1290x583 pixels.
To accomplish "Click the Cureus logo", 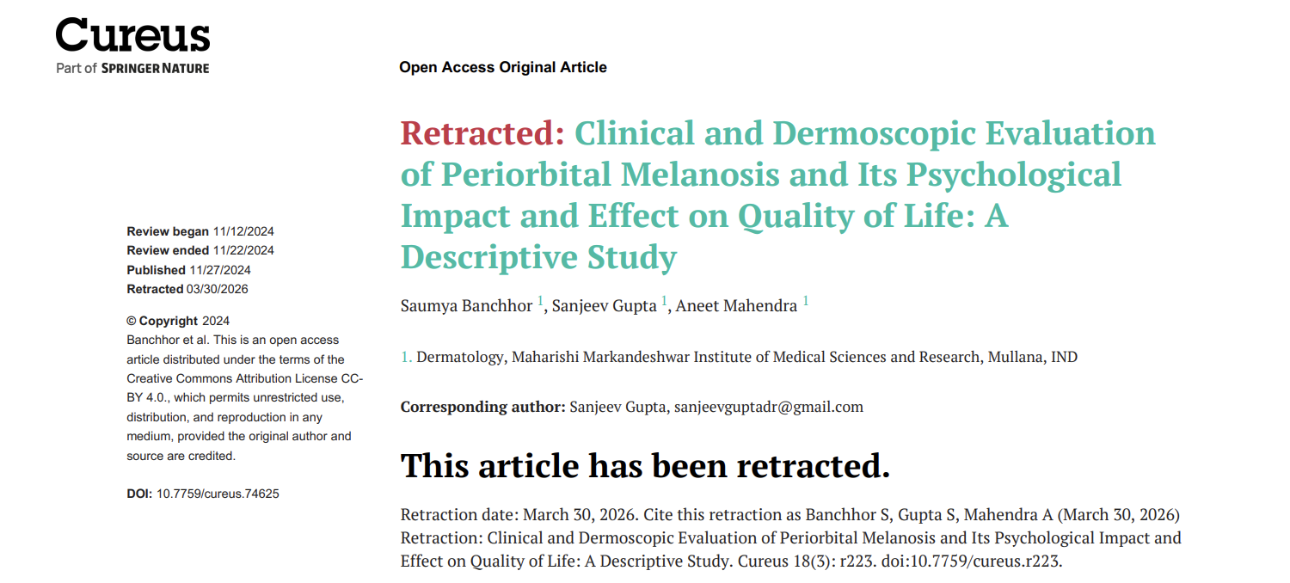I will click(x=132, y=36).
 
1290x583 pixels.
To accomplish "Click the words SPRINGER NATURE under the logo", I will click(x=155, y=68).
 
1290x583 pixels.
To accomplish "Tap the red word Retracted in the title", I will click(x=482, y=133).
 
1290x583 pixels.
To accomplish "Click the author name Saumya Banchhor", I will click(x=466, y=306).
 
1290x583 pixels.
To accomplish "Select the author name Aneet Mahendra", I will click(x=736, y=306).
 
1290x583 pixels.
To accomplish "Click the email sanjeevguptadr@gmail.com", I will click(x=768, y=407).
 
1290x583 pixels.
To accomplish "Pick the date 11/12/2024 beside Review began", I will click(x=243, y=231).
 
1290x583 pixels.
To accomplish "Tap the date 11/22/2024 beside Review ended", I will click(x=243, y=250).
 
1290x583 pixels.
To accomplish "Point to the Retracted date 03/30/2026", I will click(x=217, y=289).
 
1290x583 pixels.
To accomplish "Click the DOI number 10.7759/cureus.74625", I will click(x=218, y=494).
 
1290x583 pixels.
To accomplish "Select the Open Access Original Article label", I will click(x=503, y=67).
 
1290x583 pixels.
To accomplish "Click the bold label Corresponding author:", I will click(x=482, y=407).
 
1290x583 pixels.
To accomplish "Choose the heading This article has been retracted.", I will click(x=645, y=466).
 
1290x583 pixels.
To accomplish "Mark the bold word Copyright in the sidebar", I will click(x=169, y=321).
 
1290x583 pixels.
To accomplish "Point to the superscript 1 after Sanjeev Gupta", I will click(x=665, y=301).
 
